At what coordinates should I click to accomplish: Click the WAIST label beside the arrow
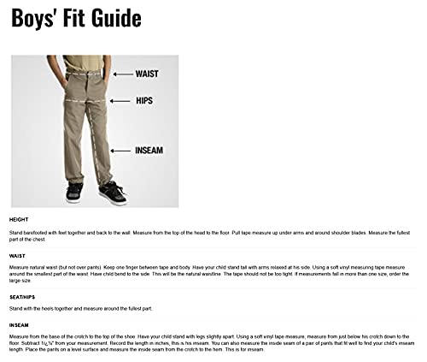click(147, 74)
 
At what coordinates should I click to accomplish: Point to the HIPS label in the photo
click(144, 101)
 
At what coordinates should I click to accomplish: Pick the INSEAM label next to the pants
click(149, 151)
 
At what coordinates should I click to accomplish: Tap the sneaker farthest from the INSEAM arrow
click(75, 192)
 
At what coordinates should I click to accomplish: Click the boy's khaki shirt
click(85, 62)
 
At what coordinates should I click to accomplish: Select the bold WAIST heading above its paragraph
click(17, 254)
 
